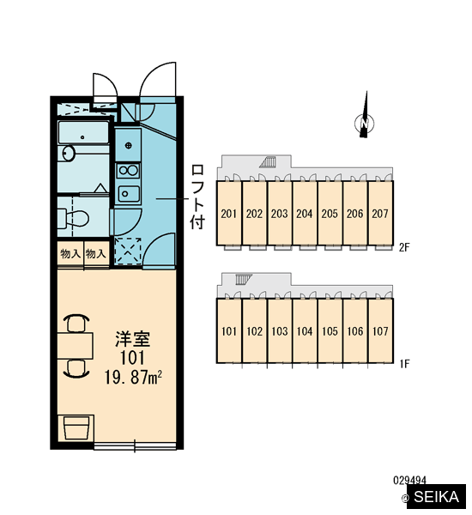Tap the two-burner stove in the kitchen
129,171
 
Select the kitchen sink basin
129,193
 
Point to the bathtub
83,133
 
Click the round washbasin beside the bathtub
68,153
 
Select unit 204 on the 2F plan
305,213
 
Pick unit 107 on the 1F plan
380,330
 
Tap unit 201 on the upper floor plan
229,213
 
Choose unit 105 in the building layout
330,330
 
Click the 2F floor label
404,247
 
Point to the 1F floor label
404,364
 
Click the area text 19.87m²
133,378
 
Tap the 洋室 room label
133,339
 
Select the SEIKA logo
436,497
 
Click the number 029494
409,481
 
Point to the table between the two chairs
76,346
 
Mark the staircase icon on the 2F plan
268,161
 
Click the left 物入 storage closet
70,253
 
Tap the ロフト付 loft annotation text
197,197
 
